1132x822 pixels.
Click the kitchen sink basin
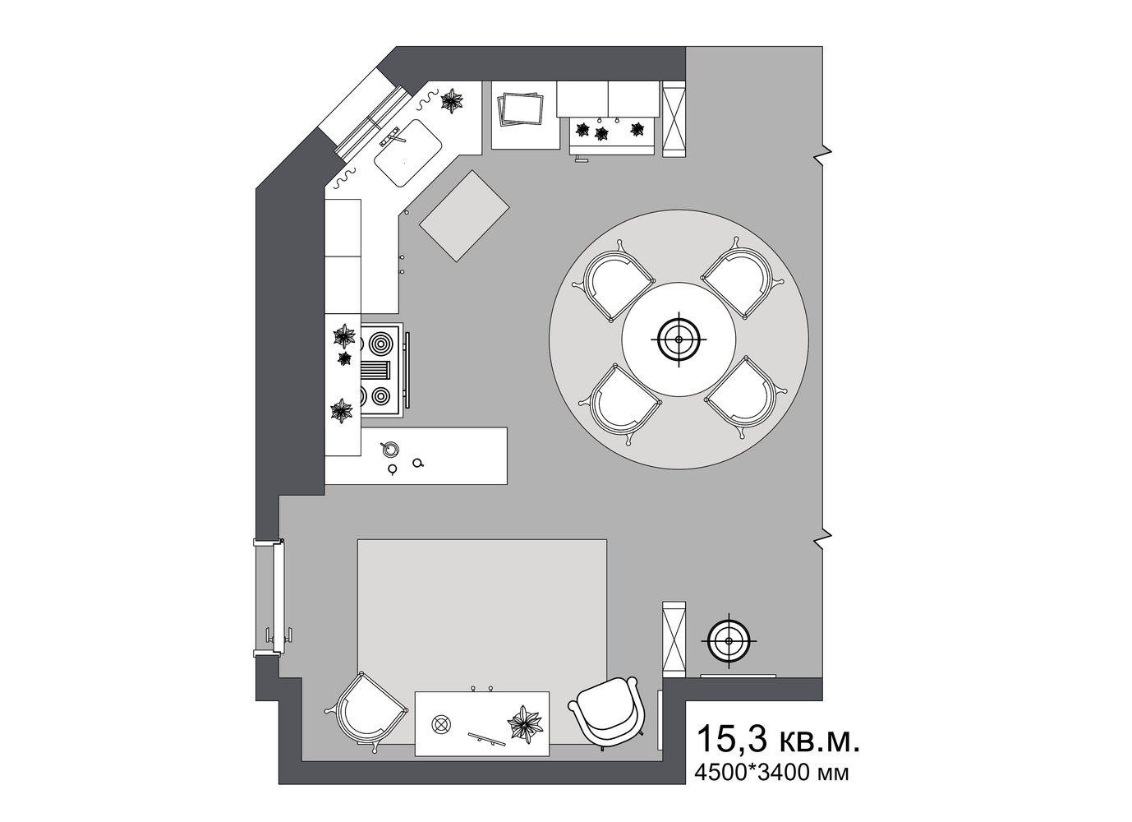point(408,152)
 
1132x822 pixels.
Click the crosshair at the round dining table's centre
point(679,339)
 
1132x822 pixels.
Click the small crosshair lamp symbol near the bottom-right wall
point(729,641)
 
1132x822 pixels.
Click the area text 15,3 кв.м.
point(777,739)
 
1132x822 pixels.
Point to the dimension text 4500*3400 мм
point(771,772)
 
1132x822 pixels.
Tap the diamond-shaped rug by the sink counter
point(464,216)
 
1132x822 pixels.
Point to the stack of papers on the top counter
point(521,109)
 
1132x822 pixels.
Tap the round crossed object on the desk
point(440,724)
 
